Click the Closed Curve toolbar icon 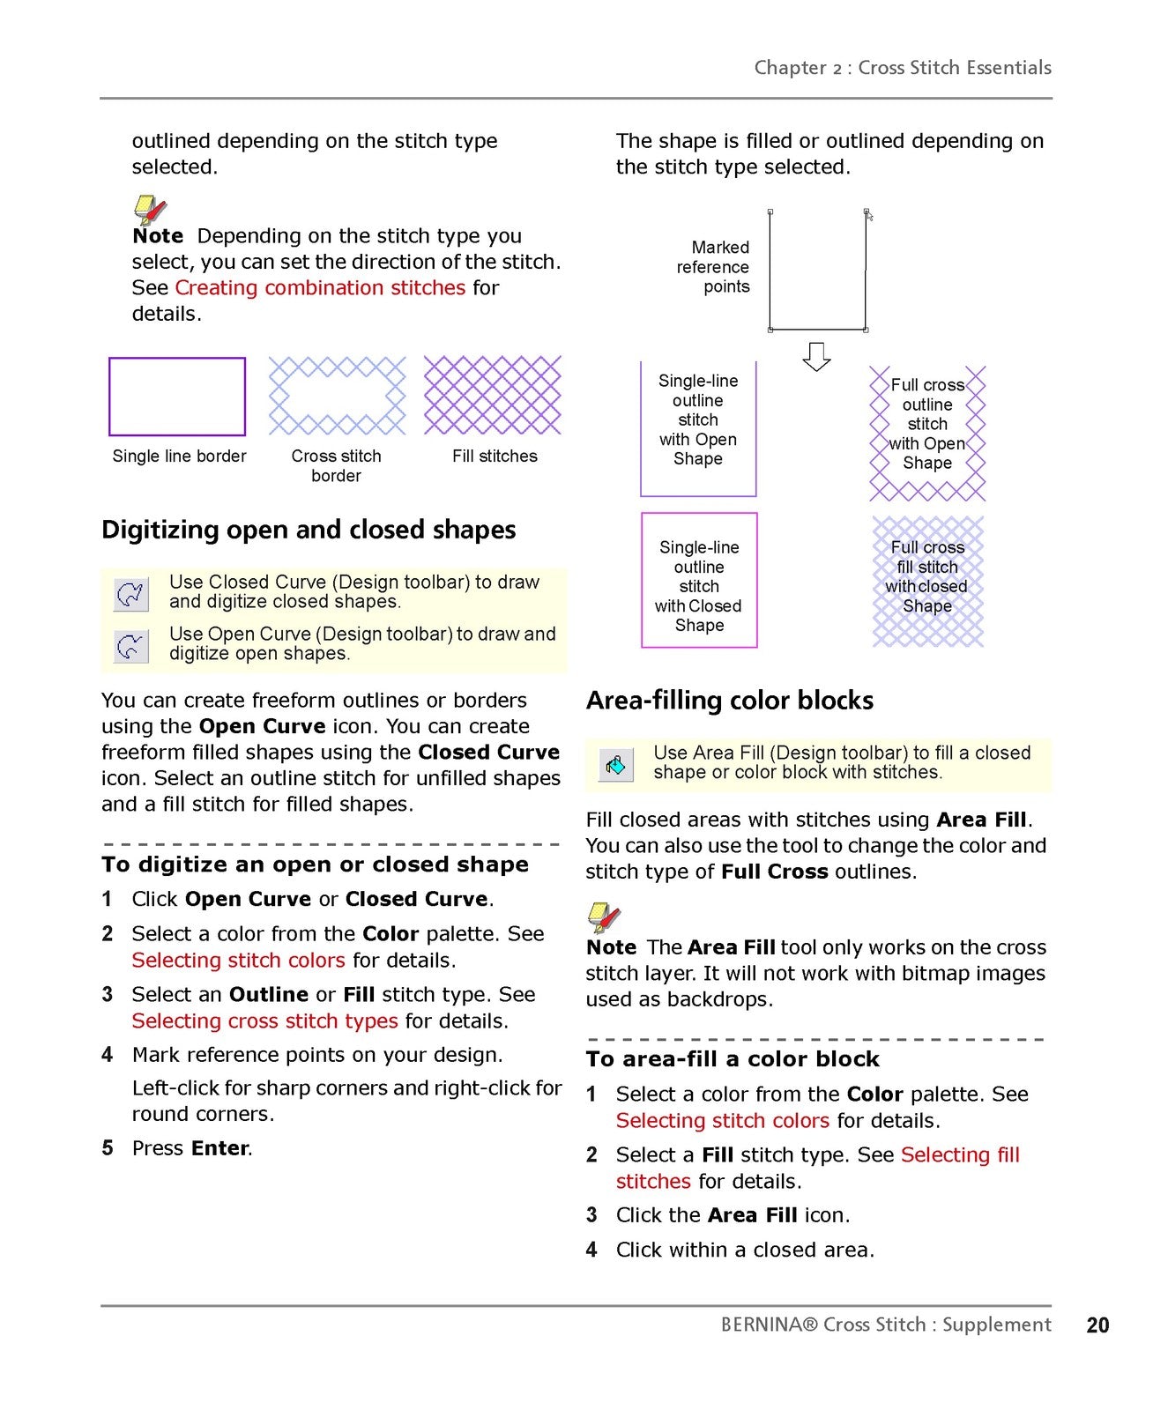(x=130, y=594)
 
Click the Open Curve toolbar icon (x=130, y=646)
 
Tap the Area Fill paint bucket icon (x=614, y=764)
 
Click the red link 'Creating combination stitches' (x=320, y=287)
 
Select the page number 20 (x=1097, y=1325)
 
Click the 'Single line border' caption (x=179, y=456)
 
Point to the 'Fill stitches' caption (x=495, y=456)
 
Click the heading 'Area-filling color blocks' (x=730, y=700)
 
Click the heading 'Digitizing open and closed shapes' (x=309, y=530)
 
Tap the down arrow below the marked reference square (x=816, y=357)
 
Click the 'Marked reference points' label (x=713, y=267)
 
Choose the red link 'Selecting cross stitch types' (x=264, y=1020)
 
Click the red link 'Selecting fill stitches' (x=818, y=1168)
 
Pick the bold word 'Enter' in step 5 (x=220, y=1148)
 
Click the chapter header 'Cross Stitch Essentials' (x=955, y=68)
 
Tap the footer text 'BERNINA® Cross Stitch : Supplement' (x=886, y=1325)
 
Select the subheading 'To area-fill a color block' (x=733, y=1058)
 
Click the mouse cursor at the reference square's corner (x=869, y=215)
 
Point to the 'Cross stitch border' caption (x=336, y=465)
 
